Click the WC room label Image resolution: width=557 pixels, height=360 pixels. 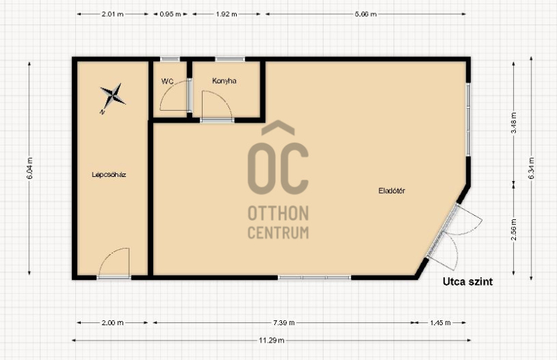point(167,81)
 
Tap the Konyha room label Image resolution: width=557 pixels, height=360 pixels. point(224,81)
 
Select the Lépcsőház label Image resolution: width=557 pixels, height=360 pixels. point(109,175)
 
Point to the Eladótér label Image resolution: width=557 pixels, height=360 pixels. point(391,191)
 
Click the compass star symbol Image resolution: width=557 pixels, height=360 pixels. point(112,97)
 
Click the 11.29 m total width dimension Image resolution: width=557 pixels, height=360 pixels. point(272,341)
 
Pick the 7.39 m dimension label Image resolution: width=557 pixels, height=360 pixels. point(284,322)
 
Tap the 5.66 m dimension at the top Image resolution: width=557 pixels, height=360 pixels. point(366,14)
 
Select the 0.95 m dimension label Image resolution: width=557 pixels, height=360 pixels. point(171,14)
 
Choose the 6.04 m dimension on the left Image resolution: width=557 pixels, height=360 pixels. point(29,168)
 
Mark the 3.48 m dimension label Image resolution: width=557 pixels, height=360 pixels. point(514,123)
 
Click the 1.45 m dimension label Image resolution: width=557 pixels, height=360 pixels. point(440,322)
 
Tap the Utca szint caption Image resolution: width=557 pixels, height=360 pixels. point(467,282)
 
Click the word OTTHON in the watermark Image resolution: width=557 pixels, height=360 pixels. point(278,213)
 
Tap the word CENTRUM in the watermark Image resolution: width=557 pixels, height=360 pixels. point(278,233)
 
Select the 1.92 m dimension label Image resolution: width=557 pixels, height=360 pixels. point(226,14)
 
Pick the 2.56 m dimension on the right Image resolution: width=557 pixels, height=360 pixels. point(514,229)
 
